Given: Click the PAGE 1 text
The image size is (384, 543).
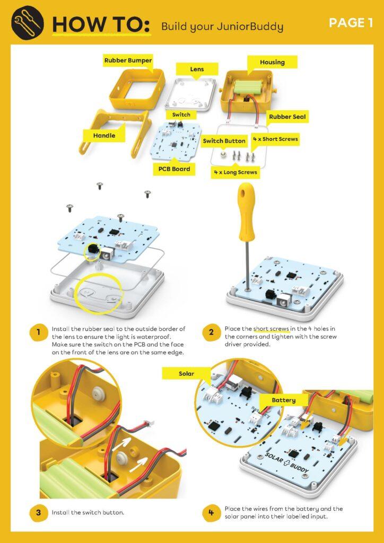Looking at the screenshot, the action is (351, 23).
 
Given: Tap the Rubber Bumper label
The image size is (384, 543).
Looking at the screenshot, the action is (128, 60).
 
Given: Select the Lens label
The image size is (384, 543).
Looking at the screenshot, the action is (197, 69).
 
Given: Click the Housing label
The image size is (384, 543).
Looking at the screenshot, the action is (272, 63).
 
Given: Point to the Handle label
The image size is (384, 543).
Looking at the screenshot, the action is (104, 136).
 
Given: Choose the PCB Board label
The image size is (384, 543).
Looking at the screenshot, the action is (174, 169).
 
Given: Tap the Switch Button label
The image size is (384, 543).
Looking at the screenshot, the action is (224, 141).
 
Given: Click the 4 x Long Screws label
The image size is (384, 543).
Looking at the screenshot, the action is (235, 172).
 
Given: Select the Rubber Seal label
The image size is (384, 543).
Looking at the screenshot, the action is (287, 117).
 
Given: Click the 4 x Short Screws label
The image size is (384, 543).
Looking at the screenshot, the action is (276, 139).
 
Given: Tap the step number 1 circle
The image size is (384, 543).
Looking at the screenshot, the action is (38, 332).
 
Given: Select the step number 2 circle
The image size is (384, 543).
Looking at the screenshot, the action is (211, 332).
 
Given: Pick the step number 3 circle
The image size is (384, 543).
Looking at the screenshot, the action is (38, 512).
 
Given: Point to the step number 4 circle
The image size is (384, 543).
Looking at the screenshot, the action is (211, 512).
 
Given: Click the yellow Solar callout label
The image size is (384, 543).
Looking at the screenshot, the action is (187, 374).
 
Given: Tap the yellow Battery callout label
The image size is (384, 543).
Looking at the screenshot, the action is (284, 400).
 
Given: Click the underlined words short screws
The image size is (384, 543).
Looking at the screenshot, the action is (271, 329).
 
